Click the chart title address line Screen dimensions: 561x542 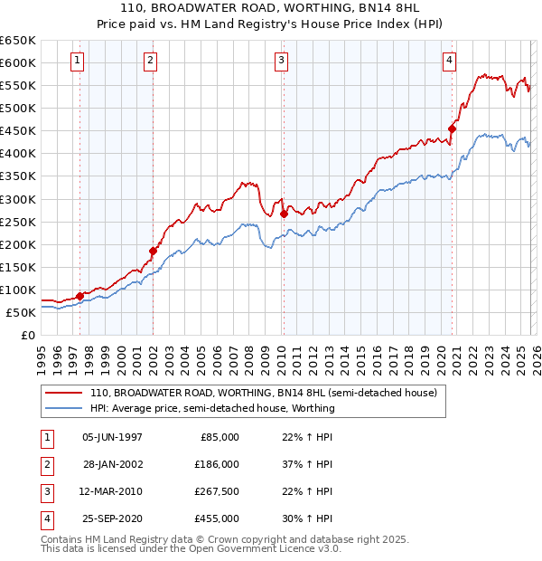tap(271, 8)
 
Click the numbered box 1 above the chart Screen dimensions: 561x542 tap(78, 61)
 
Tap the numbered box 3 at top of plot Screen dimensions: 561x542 tap(282, 61)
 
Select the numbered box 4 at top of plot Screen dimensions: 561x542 tap(449, 61)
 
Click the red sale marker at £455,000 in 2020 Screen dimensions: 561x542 tap(452, 128)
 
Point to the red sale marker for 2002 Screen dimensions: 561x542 tap(153, 251)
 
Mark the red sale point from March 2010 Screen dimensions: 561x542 tap(284, 214)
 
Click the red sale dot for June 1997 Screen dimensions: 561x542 tap(79, 296)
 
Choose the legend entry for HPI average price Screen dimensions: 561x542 tap(212, 408)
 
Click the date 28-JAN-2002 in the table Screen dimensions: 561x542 tap(112, 464)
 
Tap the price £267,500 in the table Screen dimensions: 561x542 tap(217, 492)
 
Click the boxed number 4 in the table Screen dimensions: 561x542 tap(45, 519)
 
